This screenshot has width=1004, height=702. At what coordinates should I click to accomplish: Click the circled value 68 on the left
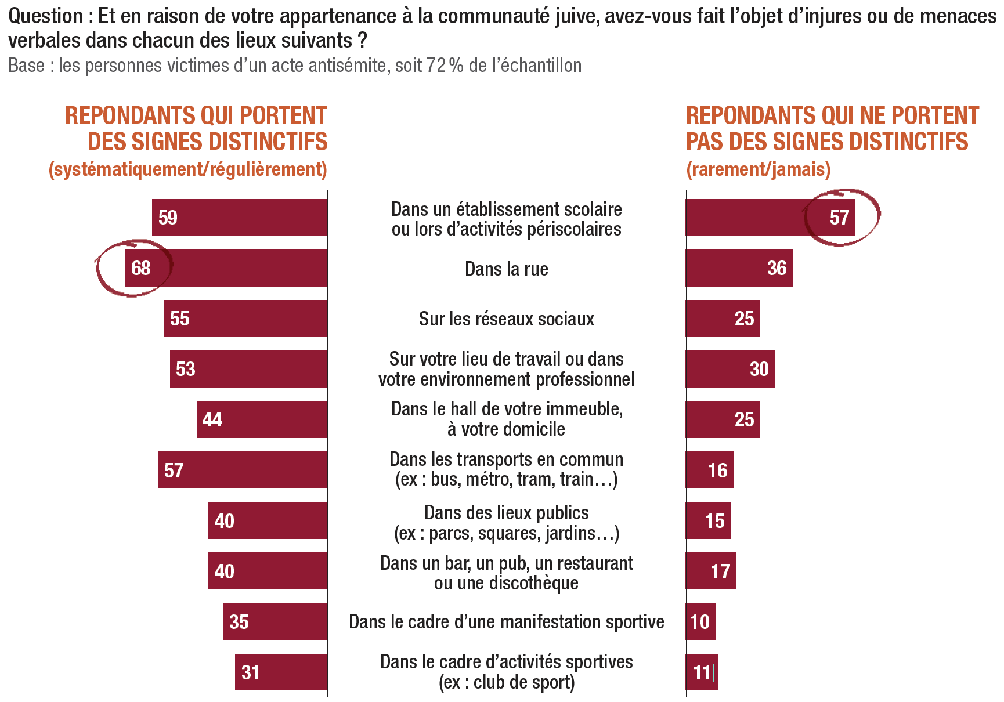click(140, 268)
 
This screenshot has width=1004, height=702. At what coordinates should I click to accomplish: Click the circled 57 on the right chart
click(839, 218)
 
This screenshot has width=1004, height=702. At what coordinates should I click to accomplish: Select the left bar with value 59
click(240, 218)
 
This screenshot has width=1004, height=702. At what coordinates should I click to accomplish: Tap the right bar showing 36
click(739, 268)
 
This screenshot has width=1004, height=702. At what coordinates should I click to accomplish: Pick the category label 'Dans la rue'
click(506, 269)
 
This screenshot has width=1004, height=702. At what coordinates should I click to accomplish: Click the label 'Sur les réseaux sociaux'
click(506, 319)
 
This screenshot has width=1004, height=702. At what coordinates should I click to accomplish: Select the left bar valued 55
click(245, 319)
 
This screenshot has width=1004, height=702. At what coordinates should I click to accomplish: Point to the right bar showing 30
click(730, 369)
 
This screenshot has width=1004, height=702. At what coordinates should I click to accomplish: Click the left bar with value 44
click(262, 419)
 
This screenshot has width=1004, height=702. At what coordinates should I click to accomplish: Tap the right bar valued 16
click(709, 470)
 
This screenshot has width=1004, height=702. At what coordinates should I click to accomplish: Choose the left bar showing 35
click(275, 621)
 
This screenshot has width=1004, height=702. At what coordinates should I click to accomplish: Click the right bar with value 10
click(700, 621)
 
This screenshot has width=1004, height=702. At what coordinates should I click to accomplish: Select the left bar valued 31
click(281, 672)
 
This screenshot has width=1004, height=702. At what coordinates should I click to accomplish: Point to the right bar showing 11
click(702, 672)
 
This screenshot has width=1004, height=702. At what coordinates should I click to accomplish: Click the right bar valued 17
click(711, 571)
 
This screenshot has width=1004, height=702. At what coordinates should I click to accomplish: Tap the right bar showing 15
click(708, 520)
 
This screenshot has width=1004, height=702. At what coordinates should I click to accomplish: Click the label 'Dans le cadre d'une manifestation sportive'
click(506, 622)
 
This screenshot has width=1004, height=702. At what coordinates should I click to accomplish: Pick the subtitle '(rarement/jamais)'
click(758, 169)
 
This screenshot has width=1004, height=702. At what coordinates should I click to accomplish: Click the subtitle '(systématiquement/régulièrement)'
click(188, 169)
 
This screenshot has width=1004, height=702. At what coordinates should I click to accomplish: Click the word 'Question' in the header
click(46, 16)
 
